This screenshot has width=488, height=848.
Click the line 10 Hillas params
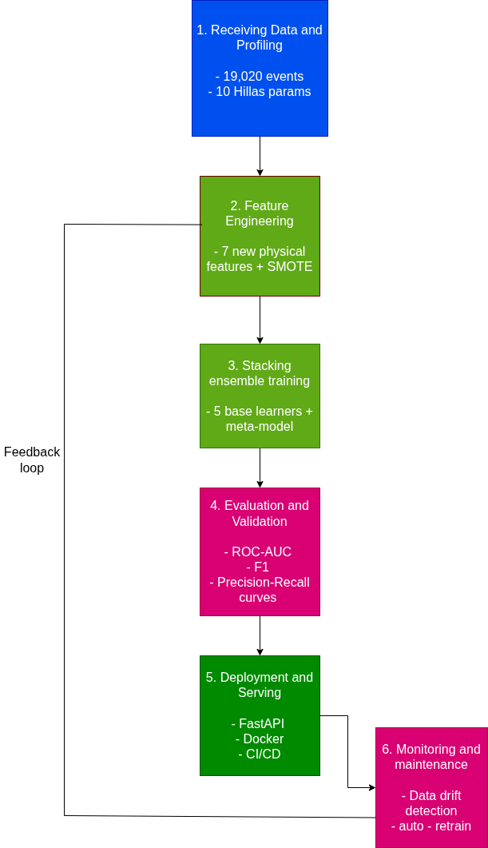tap(260, 92)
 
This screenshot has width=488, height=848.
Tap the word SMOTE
tap(290, 267)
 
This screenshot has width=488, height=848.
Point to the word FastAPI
tap(261, 724)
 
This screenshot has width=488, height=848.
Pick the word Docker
tap(263, 739)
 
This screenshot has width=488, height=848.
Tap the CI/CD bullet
tap(263, 754)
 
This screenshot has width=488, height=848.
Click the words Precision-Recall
tap(263, 583)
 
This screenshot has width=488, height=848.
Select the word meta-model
tap(260, 427)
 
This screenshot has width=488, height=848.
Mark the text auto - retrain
tap(434, 826)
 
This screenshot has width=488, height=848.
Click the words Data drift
tap(434, 796)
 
